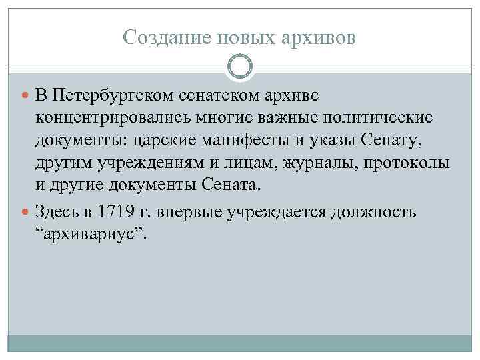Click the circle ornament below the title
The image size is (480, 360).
(x=240, y=67)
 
